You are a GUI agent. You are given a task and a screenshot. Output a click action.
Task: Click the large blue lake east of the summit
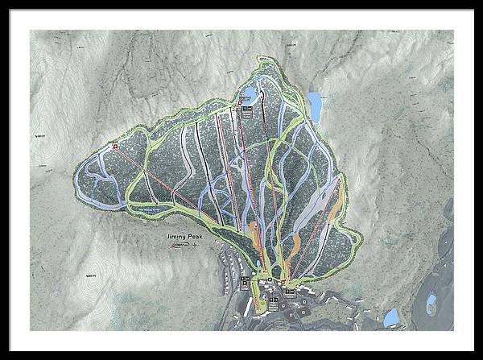316,106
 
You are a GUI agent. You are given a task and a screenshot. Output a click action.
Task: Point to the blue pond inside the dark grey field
431,304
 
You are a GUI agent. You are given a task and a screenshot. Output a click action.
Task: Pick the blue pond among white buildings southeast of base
391,317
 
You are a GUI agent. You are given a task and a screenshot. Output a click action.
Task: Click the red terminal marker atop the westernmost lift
115,147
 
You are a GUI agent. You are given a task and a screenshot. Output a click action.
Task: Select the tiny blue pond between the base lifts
273,283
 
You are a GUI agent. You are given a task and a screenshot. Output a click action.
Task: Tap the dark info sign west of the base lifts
245,282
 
